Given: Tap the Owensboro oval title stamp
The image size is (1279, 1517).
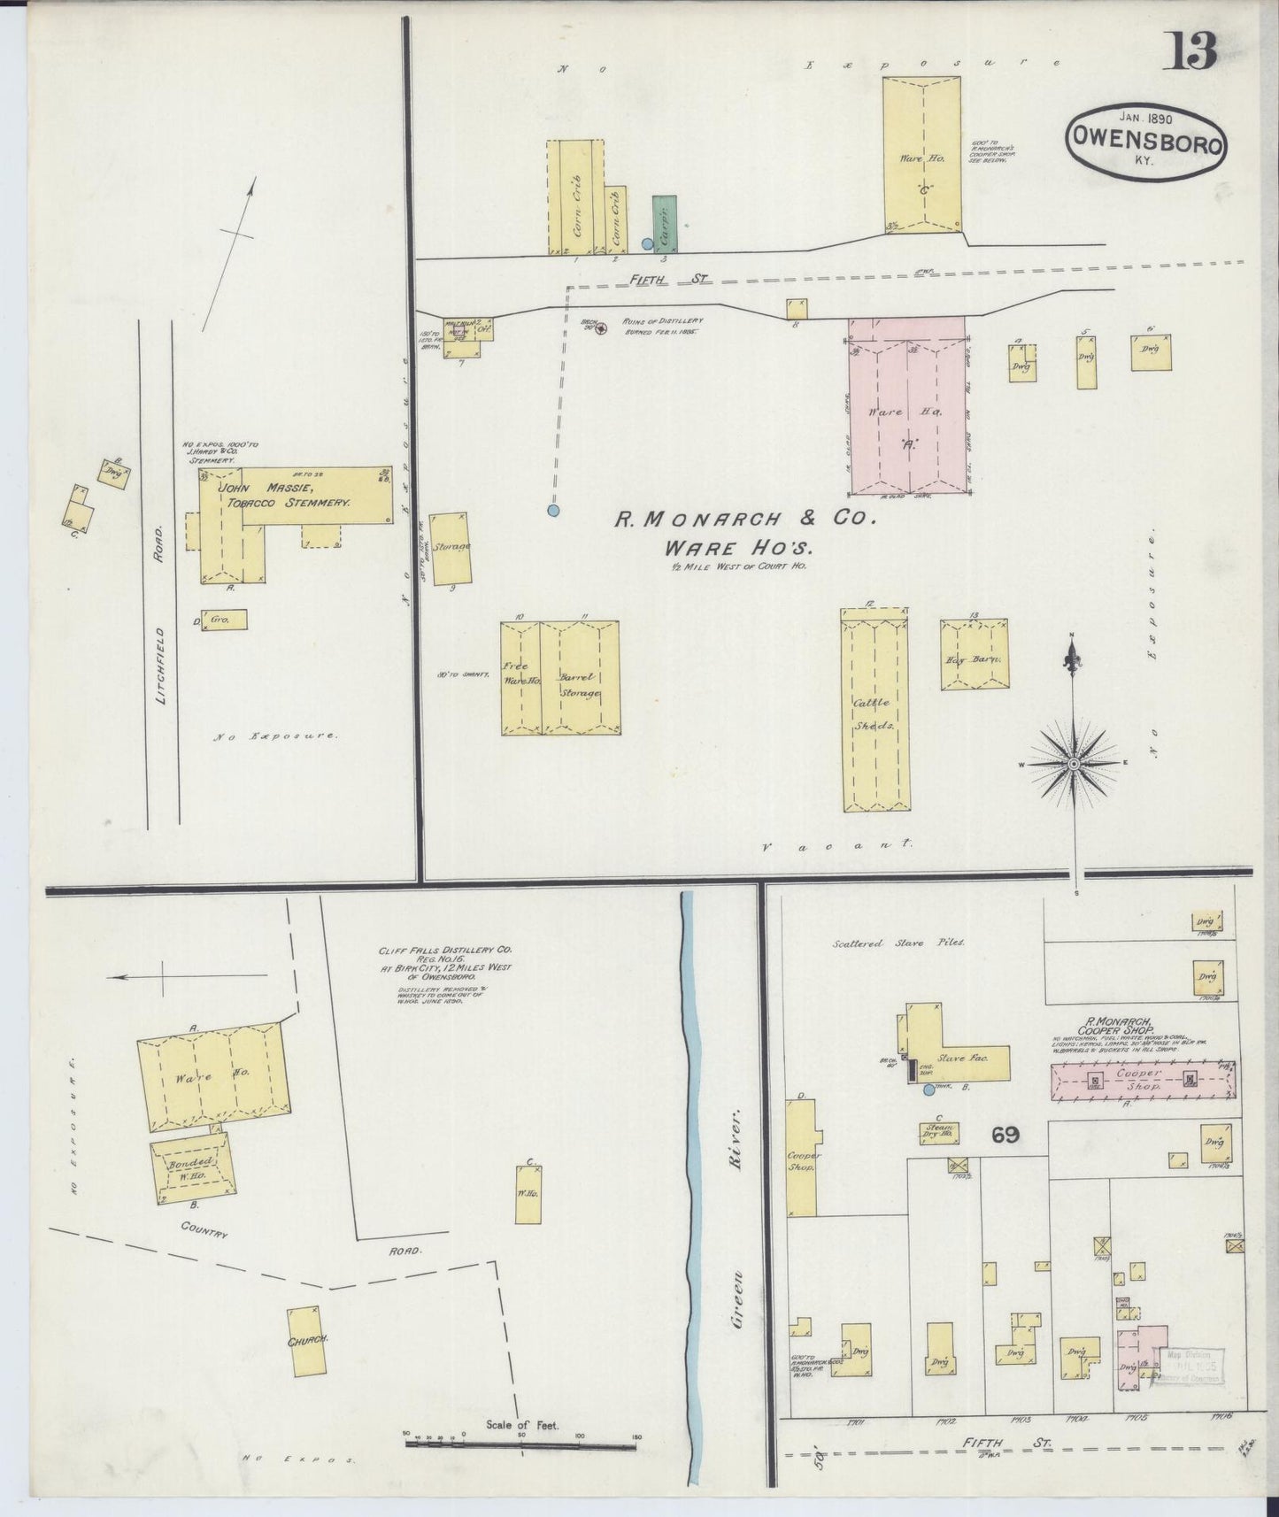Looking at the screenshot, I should click(x=1146, y=141).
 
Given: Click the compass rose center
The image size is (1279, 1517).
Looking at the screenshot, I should click(x=1073, y=763).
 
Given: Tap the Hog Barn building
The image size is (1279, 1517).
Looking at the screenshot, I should click(x=974, y=655).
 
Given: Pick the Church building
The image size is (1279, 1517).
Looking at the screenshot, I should click(x=305, y=1341).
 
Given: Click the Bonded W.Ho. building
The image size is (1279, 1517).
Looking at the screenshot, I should click(x=192, y=1167).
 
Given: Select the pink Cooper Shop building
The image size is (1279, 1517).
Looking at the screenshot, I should click(x=1143, y=1080).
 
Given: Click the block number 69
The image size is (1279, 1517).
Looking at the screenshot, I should click(x=1005, y=1136).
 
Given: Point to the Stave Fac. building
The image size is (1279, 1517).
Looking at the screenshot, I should click(x=960, y=1055).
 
